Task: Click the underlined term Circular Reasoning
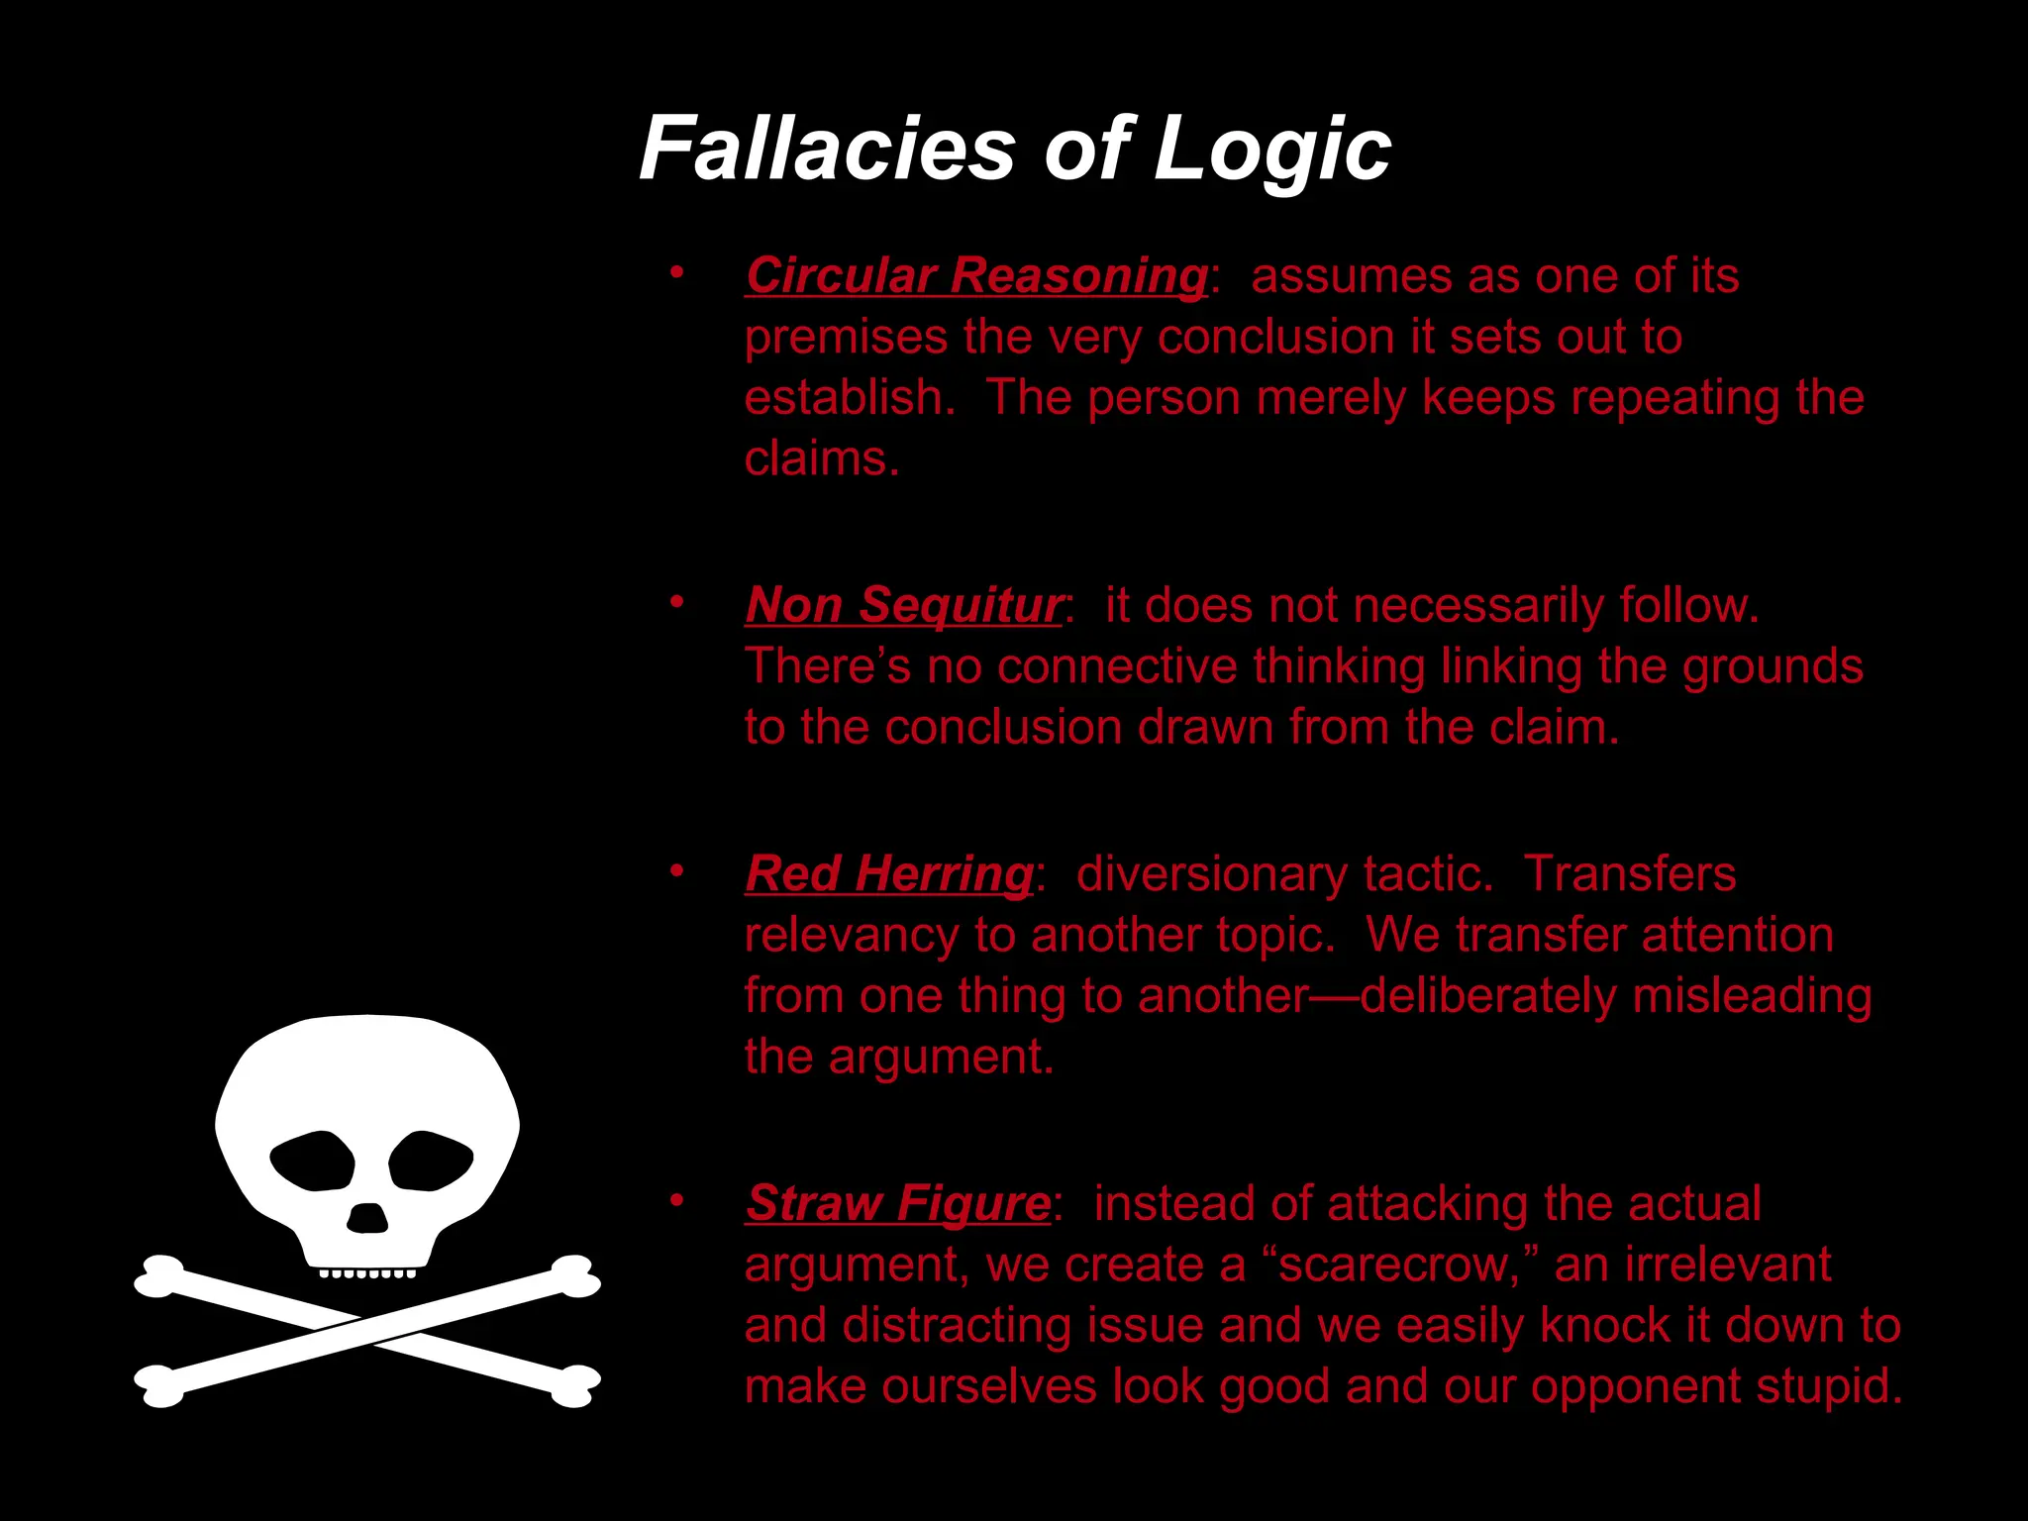[975, 275]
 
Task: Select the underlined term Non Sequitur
[903, 605]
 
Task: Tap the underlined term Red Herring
[889, 874]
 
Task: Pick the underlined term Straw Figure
[897, 1204]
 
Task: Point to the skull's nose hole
[367, 1218]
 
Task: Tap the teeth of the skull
[367, 1272]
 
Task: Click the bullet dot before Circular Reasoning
[676, 272]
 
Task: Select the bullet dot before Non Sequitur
[676, 602]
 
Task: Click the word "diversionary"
[1211, 874]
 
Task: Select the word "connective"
[1117, 666]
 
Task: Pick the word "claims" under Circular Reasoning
[820, 459]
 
